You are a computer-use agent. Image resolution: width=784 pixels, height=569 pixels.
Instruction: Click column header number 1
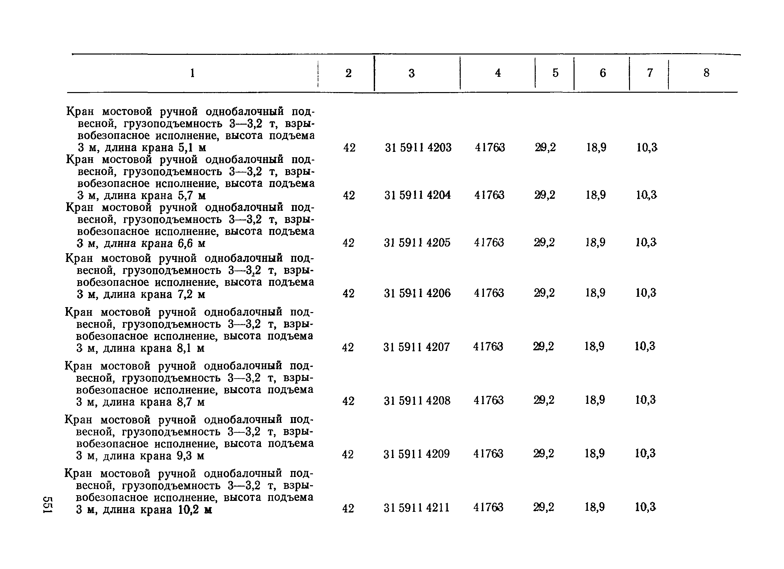tap(193, 73)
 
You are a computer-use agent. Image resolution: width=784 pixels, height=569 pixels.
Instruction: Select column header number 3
tap(411, 73)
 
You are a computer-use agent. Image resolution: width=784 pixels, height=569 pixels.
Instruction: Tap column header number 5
tap(555, 73)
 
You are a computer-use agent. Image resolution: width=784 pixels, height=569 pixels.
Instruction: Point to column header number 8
tap(707, 73)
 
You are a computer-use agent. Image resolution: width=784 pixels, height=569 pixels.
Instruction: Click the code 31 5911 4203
tap(418, 148)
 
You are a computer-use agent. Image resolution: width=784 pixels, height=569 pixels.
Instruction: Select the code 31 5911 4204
tap(418, 195)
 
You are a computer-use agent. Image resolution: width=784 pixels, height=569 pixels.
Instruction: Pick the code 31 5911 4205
tap(417, 243)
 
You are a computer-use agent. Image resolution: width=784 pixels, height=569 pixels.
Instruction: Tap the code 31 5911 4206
tap(417, 293)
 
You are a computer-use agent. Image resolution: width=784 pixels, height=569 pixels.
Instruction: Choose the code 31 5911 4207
tap(417, 347)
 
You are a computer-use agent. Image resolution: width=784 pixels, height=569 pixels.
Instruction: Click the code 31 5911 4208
tap(417, 401)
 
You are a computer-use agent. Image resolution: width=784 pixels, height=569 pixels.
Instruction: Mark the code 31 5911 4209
tap(417, 454)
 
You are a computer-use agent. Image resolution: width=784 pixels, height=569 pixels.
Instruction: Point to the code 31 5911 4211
tap(417, 508)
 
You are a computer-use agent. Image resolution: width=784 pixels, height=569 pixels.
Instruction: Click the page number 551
tap(47, 505)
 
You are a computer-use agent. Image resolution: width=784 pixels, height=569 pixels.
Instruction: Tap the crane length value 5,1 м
tap(192, 148)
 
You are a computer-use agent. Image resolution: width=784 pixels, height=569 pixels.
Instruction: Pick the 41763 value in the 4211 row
tap(488, 508)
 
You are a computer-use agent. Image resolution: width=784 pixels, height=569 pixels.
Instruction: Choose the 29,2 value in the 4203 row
tap(545, 148)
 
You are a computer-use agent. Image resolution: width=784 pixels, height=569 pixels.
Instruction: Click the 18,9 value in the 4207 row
tap(594, 346)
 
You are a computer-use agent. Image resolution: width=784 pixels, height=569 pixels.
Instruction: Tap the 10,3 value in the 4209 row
tap(645, 453)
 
